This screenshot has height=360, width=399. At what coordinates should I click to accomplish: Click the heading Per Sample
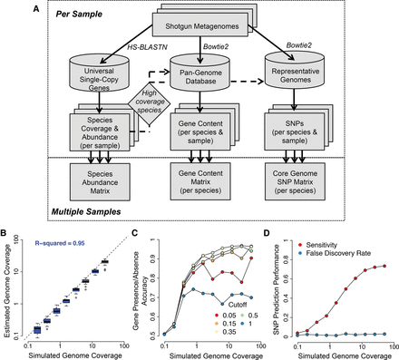[68, 15]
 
